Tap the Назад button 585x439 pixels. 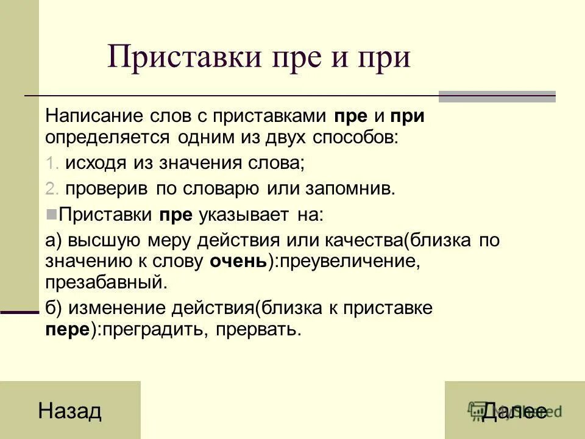(69, 411)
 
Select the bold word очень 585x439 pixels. (238, 261)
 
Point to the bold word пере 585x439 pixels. (67, 329)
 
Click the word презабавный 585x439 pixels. (105, 282)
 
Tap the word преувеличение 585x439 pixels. (346, 261)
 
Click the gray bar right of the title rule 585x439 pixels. (497, 96)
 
